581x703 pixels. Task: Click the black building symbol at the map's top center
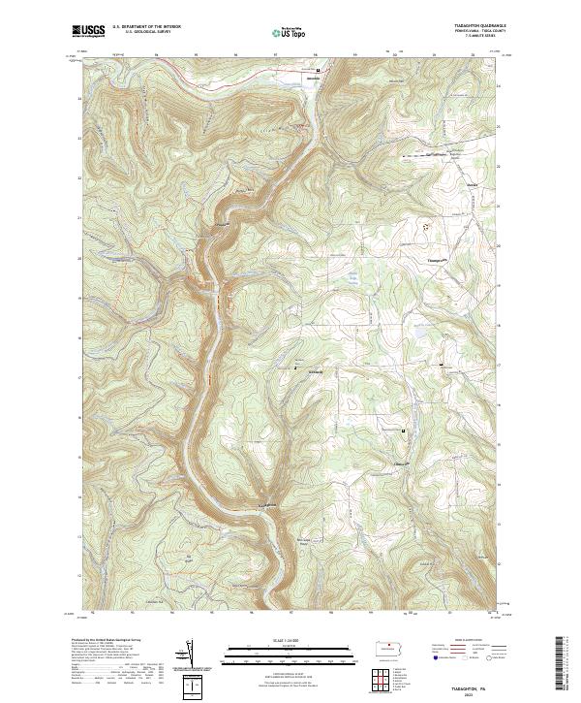pyautogui.click(x=319, y=70)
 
